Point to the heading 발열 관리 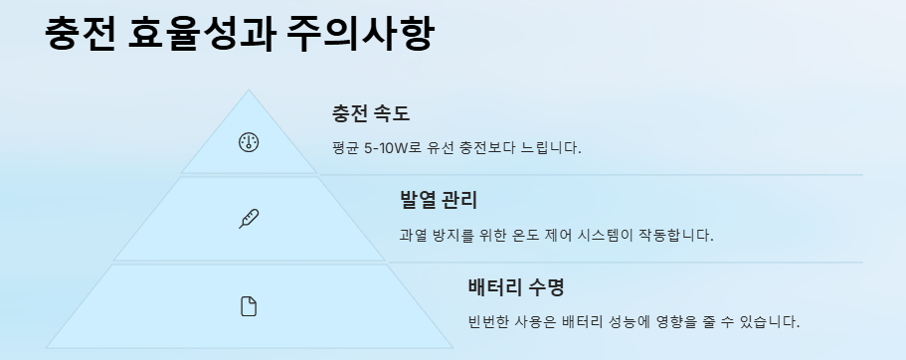[439, 201]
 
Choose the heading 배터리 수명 [516, 288]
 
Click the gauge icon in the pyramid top [249, 142]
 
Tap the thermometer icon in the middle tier [249, 219]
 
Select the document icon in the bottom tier [249, 306]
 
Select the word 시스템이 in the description [620, 236]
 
